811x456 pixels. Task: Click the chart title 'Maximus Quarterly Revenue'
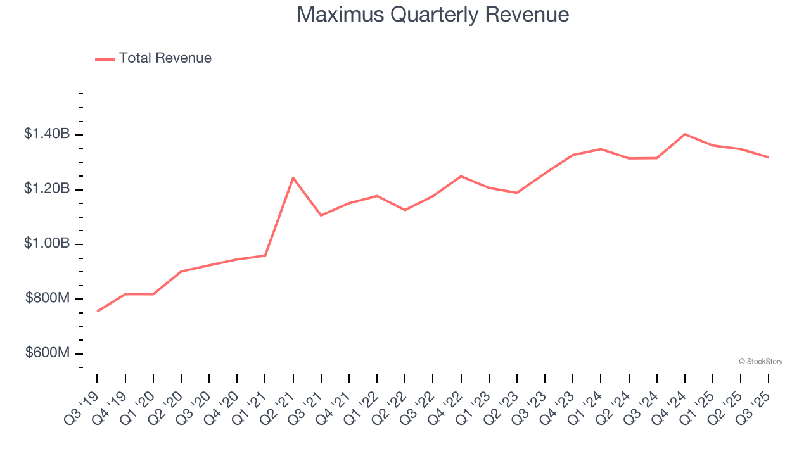tap(433, 15)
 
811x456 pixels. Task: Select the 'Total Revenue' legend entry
tap(165, 58)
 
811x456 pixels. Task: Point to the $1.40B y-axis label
tap(47, 134)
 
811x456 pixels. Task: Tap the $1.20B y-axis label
tap(47, 189)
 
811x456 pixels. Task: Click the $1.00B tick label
tap(47, 244)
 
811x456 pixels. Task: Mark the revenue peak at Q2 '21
tap(293, 177)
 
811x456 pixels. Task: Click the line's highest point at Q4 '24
tap(685, 134)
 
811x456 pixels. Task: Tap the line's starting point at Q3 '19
tap(98, 311)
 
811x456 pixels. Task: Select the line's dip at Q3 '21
tap(321, 215)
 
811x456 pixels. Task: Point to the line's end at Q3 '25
tap(769, 157)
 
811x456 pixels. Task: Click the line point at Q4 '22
tap(461, 176)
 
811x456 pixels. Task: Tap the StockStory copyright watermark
tap(760, 362)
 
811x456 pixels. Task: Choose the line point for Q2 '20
tap(181, 272)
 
